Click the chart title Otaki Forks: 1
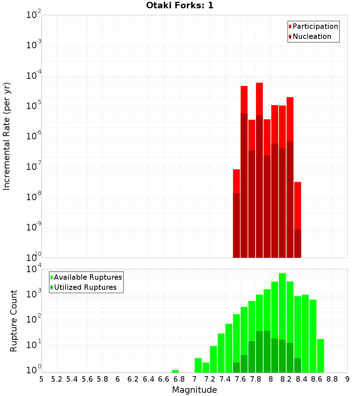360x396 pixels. click(x=180, y=6)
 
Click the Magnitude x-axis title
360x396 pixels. click(x=194, y=390)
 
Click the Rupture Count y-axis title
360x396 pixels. click(x=14, y=320)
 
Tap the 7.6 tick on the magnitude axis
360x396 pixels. click(x=240, y=379)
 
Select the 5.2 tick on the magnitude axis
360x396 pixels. click(x=57, y=379)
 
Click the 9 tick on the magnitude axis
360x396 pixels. click(x=347, y=379)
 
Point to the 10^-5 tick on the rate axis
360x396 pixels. click(x=33, y=106)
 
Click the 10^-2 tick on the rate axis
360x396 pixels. click(x=33, y=15)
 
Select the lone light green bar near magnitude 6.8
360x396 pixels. click(x=175, y=371)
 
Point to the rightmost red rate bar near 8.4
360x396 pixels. click(x=298, y=205)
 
